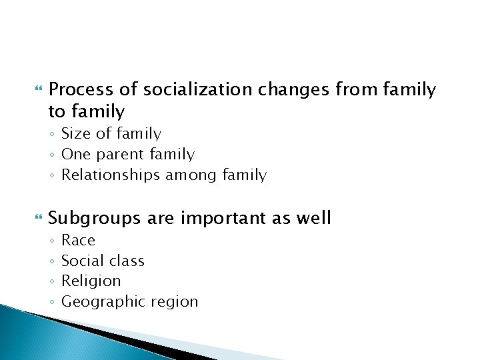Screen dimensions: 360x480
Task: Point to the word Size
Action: [77, 134]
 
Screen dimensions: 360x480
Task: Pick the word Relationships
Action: [111, 176]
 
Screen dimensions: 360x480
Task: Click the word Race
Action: [79, 240]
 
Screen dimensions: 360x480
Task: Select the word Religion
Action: [91, 281]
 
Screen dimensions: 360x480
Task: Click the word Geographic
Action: [100, 302]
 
